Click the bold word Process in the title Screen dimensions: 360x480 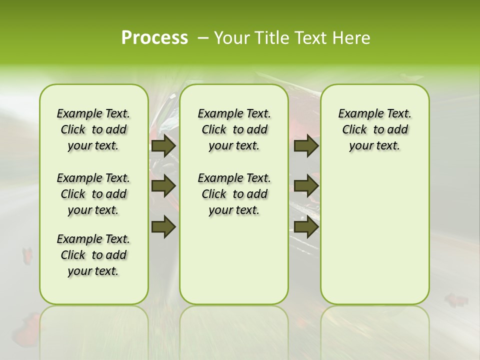[154, 37]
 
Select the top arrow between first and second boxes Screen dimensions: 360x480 [163, 145]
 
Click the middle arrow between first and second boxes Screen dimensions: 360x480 [163, 186]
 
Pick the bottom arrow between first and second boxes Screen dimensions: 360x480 [163, 226]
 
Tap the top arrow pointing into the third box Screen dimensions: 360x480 [306, 145]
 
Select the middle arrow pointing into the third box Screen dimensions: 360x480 [306, 186]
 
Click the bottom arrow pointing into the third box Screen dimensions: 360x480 [306, 226]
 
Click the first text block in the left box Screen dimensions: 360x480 [93, 129]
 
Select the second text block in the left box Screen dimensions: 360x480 [93, 194]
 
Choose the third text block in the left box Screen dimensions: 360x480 [93, 255]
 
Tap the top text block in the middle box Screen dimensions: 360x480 [234, 129]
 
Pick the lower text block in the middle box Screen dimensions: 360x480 [234, 194]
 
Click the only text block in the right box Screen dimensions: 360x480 [374, 129]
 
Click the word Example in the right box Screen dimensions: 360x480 [357, 113]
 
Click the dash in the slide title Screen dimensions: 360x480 [203, 37]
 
